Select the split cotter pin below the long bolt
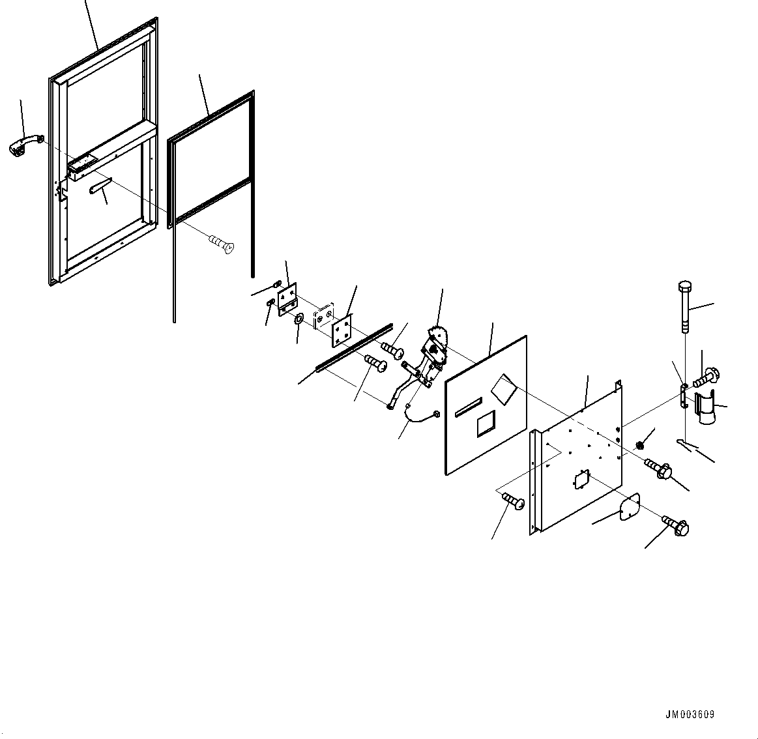point(686,444)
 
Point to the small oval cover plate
point(627,508)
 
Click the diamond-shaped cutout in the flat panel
point(504,388)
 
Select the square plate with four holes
point(341,331)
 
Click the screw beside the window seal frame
point(221,244)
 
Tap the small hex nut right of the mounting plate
point(639,445)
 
